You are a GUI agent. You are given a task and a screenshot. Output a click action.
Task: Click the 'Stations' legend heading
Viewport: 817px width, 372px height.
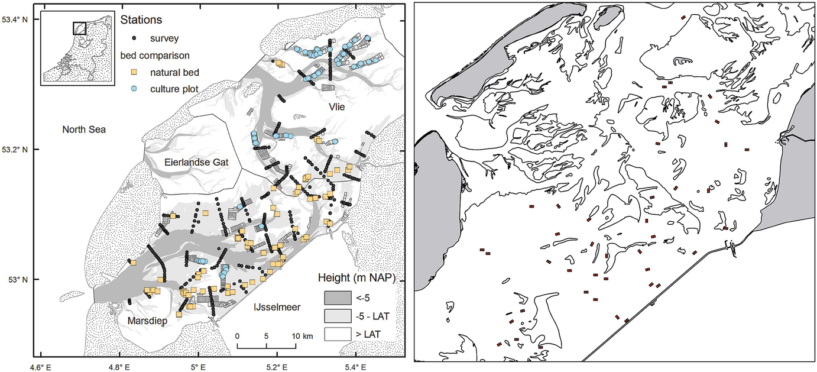point(141,20)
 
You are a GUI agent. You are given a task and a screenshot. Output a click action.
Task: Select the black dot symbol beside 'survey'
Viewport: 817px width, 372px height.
point(134,38)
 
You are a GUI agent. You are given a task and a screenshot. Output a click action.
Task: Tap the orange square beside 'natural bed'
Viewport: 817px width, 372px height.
point(134,72)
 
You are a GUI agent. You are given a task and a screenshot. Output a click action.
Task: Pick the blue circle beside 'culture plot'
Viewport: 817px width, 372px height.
point(134,89)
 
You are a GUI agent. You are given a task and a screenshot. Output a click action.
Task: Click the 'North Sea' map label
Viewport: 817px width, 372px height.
point(85,128)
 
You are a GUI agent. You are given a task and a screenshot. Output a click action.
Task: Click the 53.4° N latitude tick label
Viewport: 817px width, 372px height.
point(15,20)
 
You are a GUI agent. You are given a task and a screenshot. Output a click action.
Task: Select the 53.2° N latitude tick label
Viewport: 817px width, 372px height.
point(15,150)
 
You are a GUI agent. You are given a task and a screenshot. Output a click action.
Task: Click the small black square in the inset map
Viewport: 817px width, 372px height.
point(79,28)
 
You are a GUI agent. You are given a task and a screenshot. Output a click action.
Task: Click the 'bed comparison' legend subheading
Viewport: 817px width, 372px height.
point(150,56)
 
